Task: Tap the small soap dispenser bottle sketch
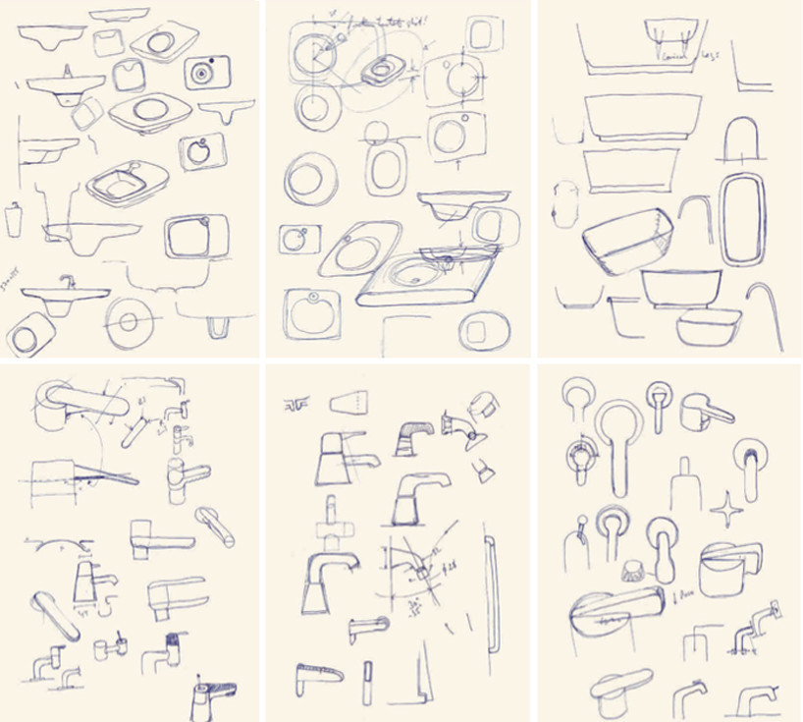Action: (13, 219)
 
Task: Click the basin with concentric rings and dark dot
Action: (204, 73)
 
